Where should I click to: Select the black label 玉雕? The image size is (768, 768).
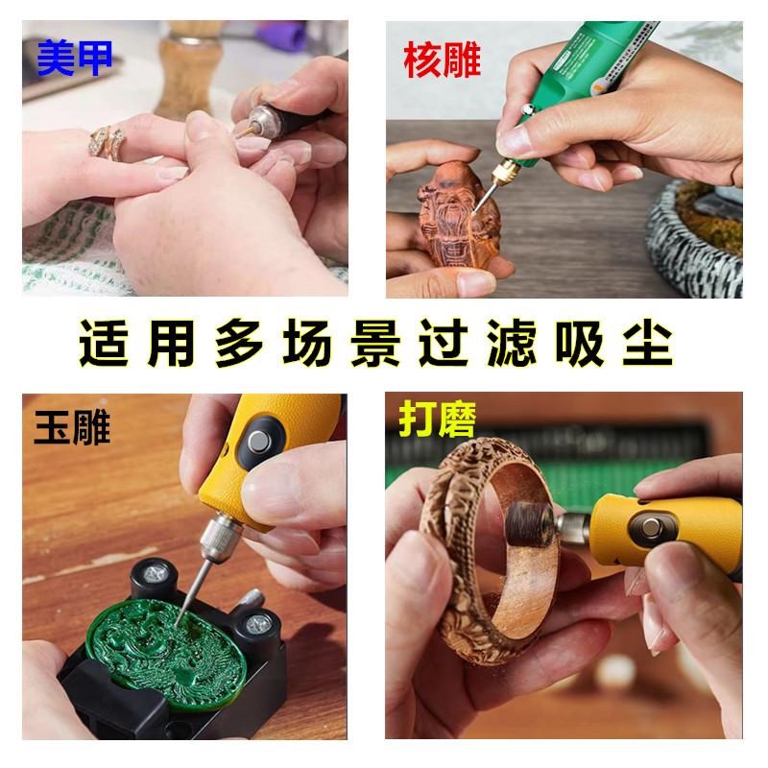(73, 426)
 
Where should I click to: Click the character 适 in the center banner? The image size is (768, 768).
(101, 344)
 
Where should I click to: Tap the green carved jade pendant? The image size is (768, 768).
(178, 648)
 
